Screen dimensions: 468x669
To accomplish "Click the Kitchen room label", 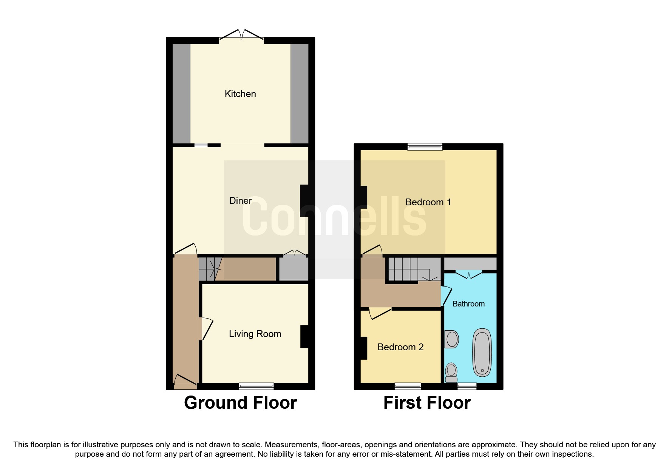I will click(240, 94).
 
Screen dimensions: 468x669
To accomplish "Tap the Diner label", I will click(240, 201).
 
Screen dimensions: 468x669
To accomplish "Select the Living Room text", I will click(255, 334).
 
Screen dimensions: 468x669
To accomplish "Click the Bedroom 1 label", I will click(428, 202).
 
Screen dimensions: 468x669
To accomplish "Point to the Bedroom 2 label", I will click(400, 347).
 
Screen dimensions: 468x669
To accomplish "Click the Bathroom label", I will click(468, 304).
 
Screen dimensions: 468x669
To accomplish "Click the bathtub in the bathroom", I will click(482, 353).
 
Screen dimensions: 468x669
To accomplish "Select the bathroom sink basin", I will click(452, 339).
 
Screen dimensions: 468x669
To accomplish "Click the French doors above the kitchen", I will click(241, 35).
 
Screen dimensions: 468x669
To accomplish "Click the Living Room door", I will click(207, 328).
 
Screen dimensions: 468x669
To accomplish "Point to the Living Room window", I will click(256, 386).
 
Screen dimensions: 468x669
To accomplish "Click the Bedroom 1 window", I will click(425, 147).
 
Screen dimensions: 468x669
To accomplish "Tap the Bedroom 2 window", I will click(408, 386).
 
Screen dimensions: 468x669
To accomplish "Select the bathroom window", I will click(467, 386).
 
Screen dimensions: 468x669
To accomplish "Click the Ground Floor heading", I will click(240, 403).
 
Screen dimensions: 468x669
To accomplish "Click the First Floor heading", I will click(427, 403).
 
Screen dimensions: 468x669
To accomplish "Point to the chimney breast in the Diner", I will click(304, 200).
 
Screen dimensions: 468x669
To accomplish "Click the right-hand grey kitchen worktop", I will click(300, 94).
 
